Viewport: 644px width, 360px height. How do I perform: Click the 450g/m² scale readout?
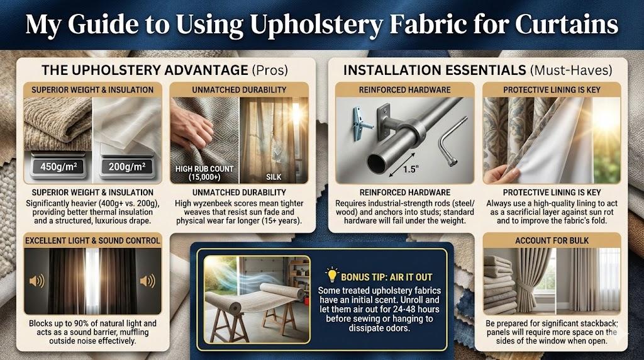(58, 166)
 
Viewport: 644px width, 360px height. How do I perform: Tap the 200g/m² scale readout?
(127, 166)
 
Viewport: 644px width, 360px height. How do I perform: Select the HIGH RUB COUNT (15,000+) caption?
(204, 173)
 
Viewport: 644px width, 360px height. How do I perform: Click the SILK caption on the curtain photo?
(274, 177)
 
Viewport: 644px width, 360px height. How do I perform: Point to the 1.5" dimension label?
(410, 169)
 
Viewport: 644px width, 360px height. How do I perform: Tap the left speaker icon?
(36, 281)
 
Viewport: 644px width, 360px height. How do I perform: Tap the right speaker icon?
(148, 281)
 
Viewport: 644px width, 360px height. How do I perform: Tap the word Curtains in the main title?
(567, 25)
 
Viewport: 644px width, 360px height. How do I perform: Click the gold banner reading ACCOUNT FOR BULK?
(552, 240)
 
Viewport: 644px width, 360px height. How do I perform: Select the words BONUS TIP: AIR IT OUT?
(387, 277)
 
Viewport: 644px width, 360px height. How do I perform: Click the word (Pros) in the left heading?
(270, 70)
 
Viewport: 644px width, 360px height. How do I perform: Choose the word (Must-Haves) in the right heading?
(571, 70)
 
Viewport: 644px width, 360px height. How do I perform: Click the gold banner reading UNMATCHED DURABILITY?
(239, 89)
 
